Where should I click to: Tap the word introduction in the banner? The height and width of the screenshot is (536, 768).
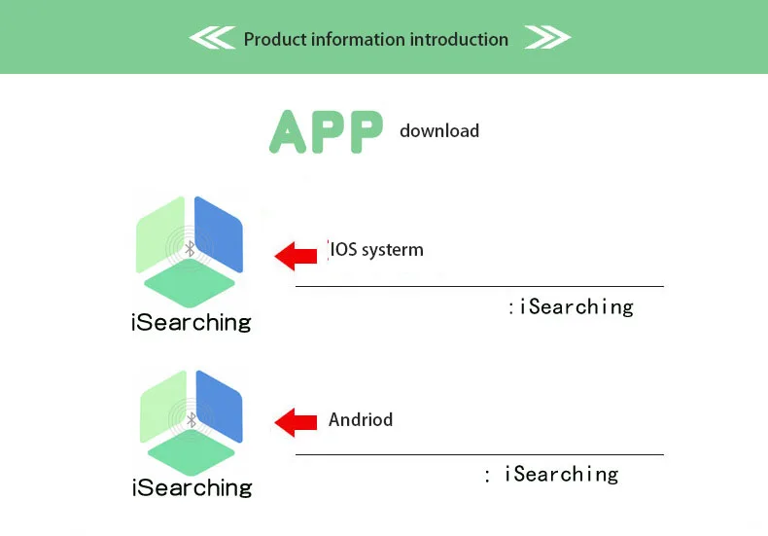coord(459,40)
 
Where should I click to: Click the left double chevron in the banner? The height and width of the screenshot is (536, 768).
coord(212,39)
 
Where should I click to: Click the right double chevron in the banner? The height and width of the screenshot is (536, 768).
coord(547,39)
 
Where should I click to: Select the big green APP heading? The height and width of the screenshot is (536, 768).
coord(326,131)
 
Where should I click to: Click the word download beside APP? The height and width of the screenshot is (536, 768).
coord(439,130)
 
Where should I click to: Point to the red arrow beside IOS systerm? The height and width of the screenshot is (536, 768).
coord(297,255)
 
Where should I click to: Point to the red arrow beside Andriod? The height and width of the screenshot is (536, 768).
coord(297,421)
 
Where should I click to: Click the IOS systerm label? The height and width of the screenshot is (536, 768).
coord(377,250)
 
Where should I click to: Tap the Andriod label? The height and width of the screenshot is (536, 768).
coord(361,420)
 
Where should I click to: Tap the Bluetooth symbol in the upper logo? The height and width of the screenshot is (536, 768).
coord(191,249)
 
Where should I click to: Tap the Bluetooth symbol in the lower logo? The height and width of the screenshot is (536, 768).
coord(191,419)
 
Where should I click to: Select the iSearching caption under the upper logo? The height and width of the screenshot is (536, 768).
coord(191,322)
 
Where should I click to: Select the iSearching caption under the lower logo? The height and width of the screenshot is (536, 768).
coord(192,486)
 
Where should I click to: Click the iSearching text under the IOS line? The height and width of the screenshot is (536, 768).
coord(576,307)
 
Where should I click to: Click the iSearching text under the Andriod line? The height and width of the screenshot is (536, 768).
coord(561,475)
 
